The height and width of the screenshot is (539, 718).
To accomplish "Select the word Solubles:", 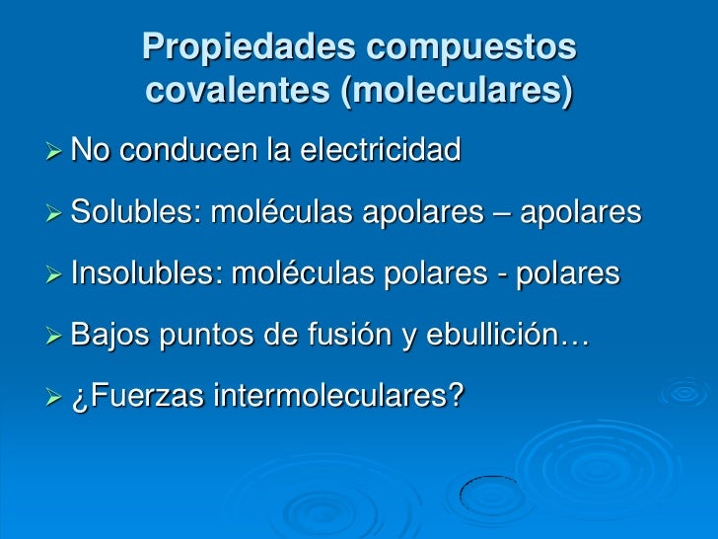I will point(136,212).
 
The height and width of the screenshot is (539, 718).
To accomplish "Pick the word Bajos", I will point(108,336).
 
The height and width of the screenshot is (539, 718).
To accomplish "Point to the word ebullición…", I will point(508,336).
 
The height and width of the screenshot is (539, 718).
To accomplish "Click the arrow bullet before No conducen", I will point(54,152).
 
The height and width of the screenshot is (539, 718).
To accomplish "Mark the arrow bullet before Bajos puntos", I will point(54,337).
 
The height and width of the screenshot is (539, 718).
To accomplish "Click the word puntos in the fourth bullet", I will point(202,336).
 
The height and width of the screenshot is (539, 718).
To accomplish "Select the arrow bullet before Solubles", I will point(54,213).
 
